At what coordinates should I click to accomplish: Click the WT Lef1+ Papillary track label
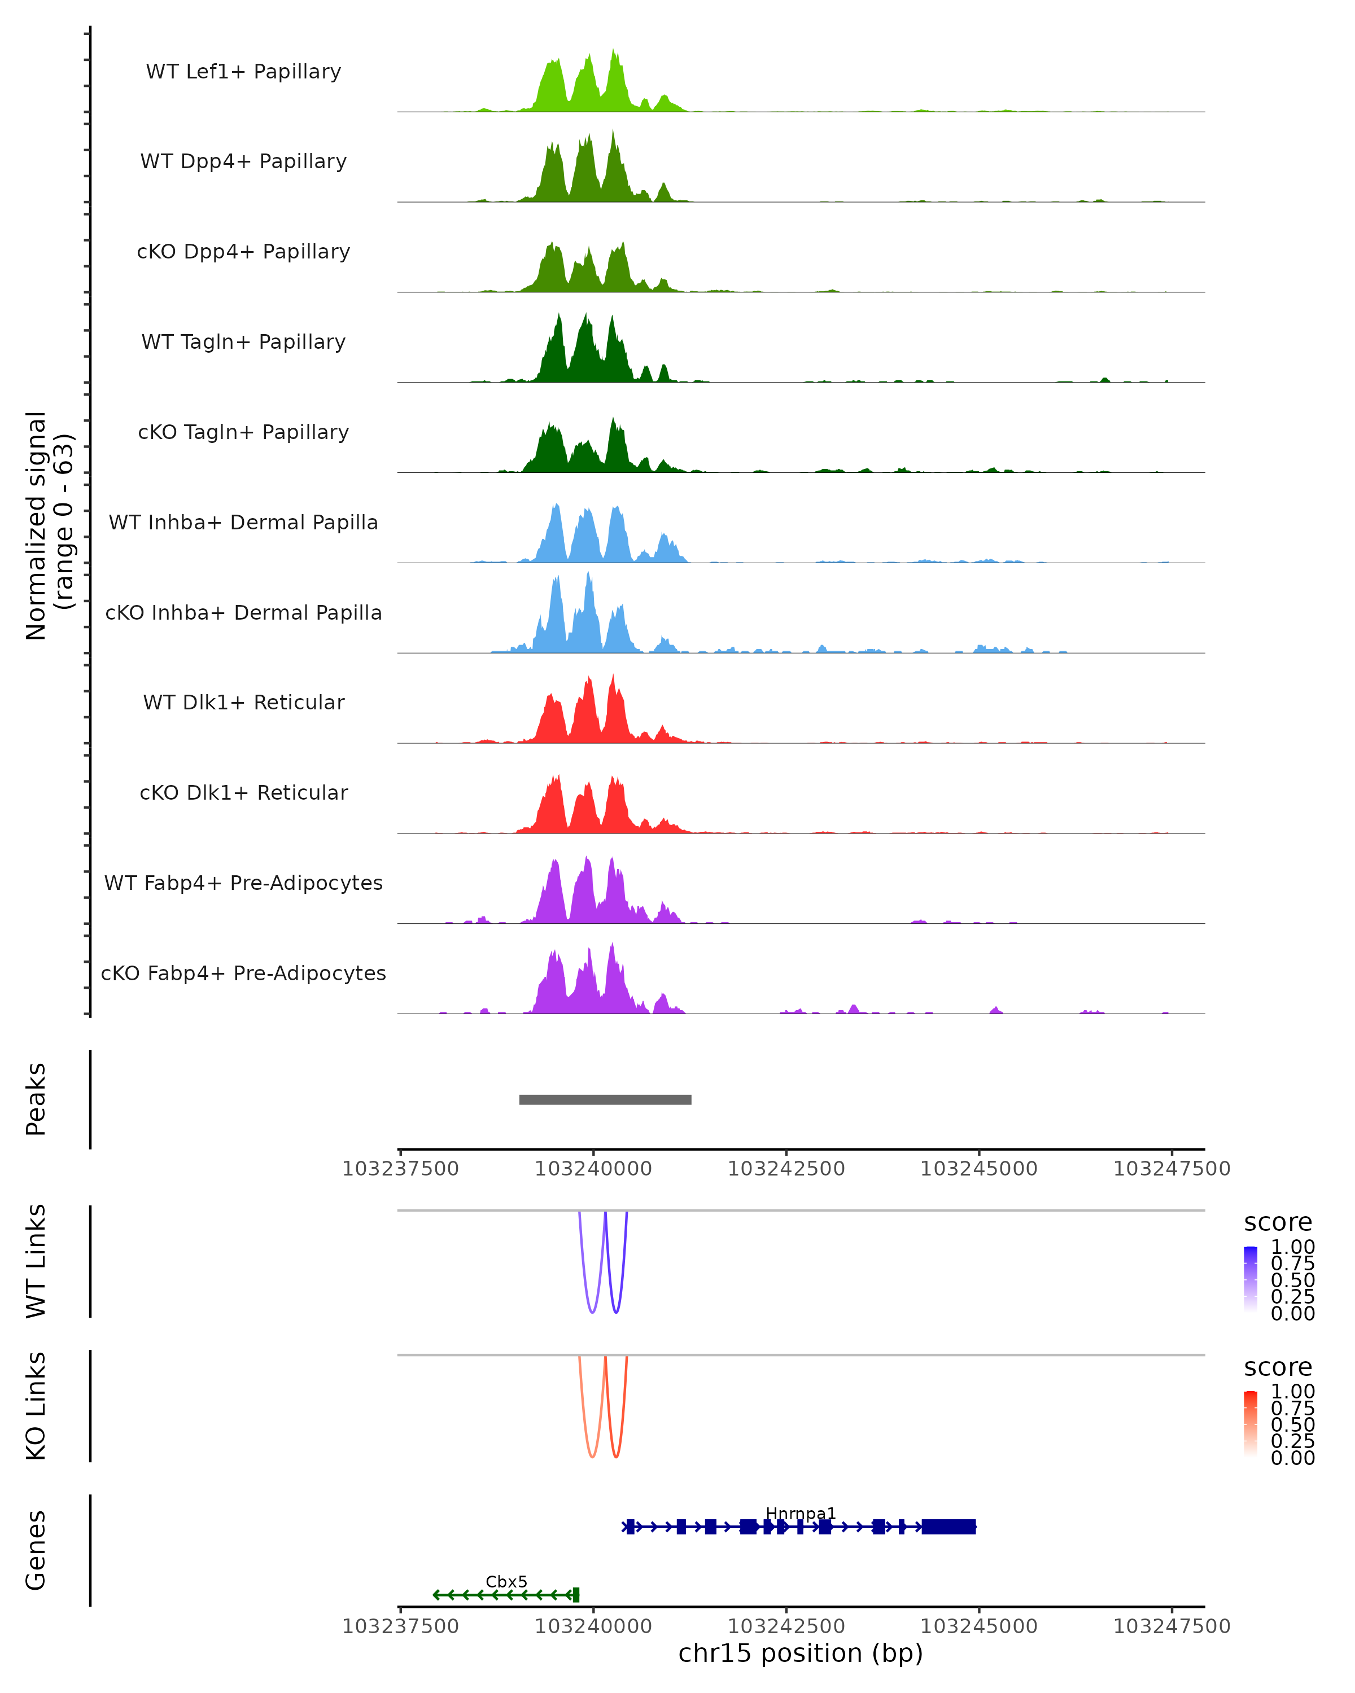pyautogui.click(x=243, y=72)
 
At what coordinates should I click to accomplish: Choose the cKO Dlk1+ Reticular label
pyautogui.click(x=243, y=792)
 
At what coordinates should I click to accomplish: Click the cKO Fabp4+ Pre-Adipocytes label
pyautogui.click(x=243, y=973)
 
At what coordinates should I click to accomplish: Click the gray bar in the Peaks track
pyautogui.click(x=605, y=1099)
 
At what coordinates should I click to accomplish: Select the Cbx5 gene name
pyautogui.click(x=506, y=1581)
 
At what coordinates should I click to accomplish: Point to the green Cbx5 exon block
pyautogui.click(x=576, y=1595)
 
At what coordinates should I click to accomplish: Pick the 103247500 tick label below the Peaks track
pyautogui.click(x=1171, y=1169)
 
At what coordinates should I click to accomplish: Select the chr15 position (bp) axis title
pyautogui.click(x=801, y=1653)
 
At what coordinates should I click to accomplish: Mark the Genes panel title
pyautogui.click(x=36, y=1550)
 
